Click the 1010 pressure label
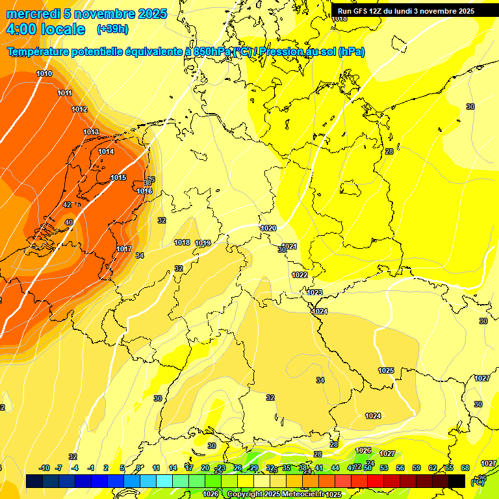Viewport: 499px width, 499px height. point(44,73)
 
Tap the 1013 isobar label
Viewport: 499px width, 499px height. point(91,133)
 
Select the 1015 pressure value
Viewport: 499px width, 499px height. point(118,177)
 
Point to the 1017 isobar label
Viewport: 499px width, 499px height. point(124,249)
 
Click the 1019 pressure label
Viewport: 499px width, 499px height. point(203,243)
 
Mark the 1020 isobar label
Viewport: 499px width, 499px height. point(268,228)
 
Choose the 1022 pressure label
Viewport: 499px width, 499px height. point(300,275)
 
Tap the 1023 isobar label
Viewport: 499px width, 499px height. point(314,292)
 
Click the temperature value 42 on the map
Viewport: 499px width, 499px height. point(67,205)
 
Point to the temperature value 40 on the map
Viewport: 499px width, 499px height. point(69,222)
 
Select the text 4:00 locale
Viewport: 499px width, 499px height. point(45,29)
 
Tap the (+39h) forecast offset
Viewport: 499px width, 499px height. point(112,29)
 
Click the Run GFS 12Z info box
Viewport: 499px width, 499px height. point(405,11)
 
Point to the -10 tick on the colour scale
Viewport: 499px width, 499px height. point(44,468)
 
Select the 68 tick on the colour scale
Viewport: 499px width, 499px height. point(465,468)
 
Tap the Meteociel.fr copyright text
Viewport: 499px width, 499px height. point(273,494)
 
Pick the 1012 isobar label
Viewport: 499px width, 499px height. point(79,109)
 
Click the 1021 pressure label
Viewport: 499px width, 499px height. point(289,246)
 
